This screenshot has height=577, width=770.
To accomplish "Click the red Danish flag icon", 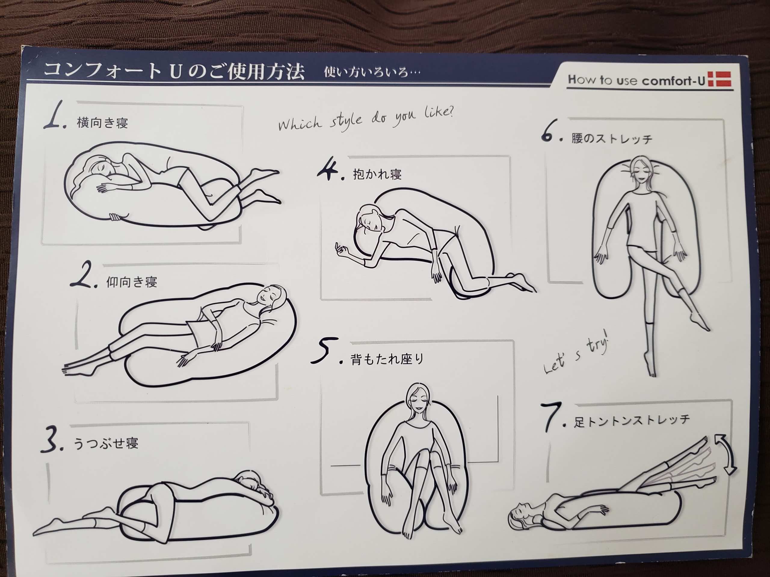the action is click(x=719, y=80).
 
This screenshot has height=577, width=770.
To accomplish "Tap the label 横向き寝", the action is click(x=102, y=123).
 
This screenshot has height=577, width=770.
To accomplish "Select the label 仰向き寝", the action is click(x=131, y=282).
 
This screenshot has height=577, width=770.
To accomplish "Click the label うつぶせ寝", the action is click(x=106, y=443).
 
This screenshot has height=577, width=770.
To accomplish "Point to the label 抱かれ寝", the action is click(x=377, y=174).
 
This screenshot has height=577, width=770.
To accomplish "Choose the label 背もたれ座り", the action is click(x=387, y=359).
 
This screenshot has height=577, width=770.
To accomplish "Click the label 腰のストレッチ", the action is click(x=611, y=139).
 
